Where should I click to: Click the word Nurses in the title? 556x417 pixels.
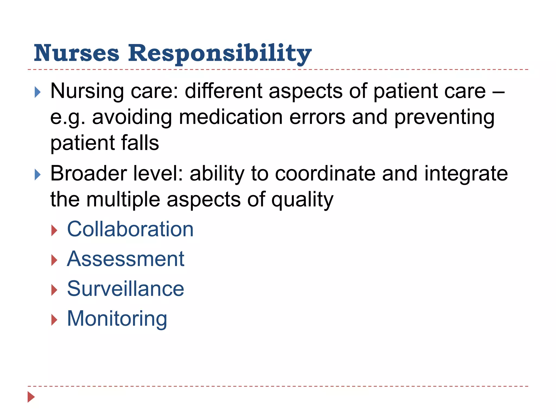click(77, 53)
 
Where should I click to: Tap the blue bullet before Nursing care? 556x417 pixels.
click(38, 92)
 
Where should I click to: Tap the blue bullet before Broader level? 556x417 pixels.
click(38, 175)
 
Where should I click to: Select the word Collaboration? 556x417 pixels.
click(130, 229)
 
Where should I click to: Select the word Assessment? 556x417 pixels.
click(126, 259)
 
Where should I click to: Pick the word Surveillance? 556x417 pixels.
click(126, 289)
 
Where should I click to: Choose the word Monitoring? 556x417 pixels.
click(117, 319)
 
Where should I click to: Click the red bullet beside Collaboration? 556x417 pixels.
click(54, 230)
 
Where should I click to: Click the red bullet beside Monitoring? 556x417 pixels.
click(54, 320)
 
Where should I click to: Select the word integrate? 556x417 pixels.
click(466, 174)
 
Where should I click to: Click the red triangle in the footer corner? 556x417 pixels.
click(31, 397)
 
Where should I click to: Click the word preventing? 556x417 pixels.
click(444, 118)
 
